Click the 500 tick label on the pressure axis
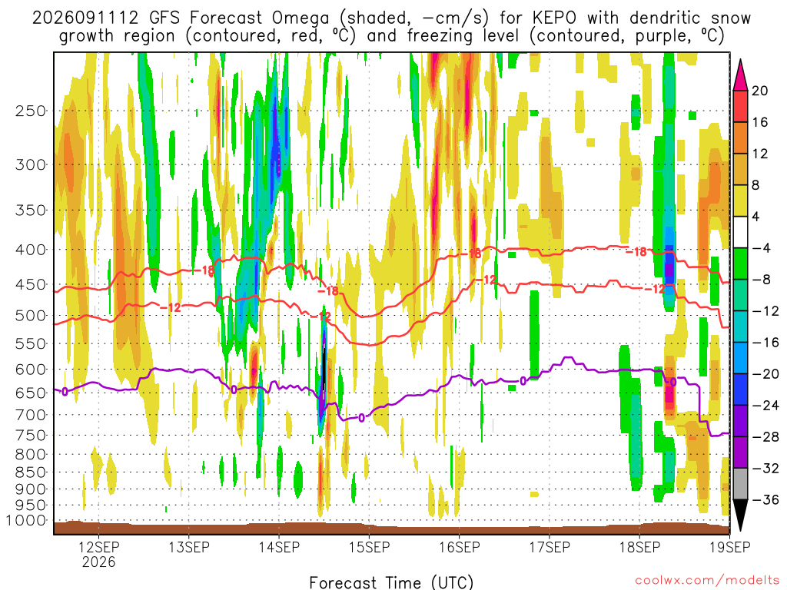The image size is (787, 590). (x=30, y=316)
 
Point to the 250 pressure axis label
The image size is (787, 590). (x=30, y=111)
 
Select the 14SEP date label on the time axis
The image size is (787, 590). (x=278, y=547)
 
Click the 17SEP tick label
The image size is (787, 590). (x=550, y=547)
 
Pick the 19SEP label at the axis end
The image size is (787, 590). (x=730, y=547)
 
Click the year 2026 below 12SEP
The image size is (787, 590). (x=98, y=562)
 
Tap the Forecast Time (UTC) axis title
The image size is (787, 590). (x=391, y=582)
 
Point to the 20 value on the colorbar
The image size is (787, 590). (x=759, y=91)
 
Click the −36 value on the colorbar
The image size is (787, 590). (x=765, y=499)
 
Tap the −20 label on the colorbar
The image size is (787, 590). (x=765, y=374)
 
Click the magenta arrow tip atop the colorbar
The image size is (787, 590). (x=740, y=60)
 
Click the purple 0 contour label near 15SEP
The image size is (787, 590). (x=362, y=417)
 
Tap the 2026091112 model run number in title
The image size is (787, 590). (x=85, y=18)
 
